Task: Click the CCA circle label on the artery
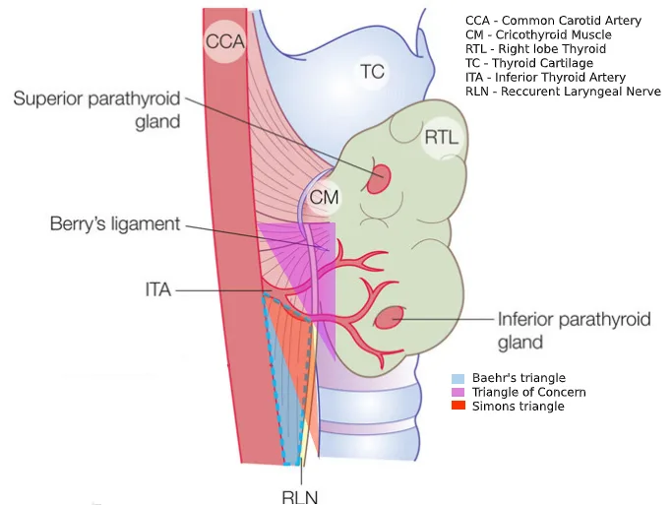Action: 224,41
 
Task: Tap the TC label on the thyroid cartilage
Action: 372,71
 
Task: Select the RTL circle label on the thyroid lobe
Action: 442,138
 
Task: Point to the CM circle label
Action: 324,198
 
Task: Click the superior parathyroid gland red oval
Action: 380,179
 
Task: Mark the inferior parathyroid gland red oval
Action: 390,319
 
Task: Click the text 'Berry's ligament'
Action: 115,224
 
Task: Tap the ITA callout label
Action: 158,289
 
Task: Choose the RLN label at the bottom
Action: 300,498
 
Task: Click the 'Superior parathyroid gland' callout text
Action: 97,110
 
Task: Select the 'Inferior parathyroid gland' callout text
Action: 574,331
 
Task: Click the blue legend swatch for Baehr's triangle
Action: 458,379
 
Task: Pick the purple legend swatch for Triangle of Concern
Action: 458,392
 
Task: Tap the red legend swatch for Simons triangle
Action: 458,406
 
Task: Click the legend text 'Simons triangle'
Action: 519,407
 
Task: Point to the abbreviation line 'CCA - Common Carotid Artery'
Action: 553,21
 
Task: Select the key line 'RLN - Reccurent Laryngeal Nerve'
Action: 563,92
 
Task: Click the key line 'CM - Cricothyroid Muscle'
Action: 538,34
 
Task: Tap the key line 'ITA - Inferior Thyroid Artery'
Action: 546,77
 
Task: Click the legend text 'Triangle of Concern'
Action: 529,392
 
